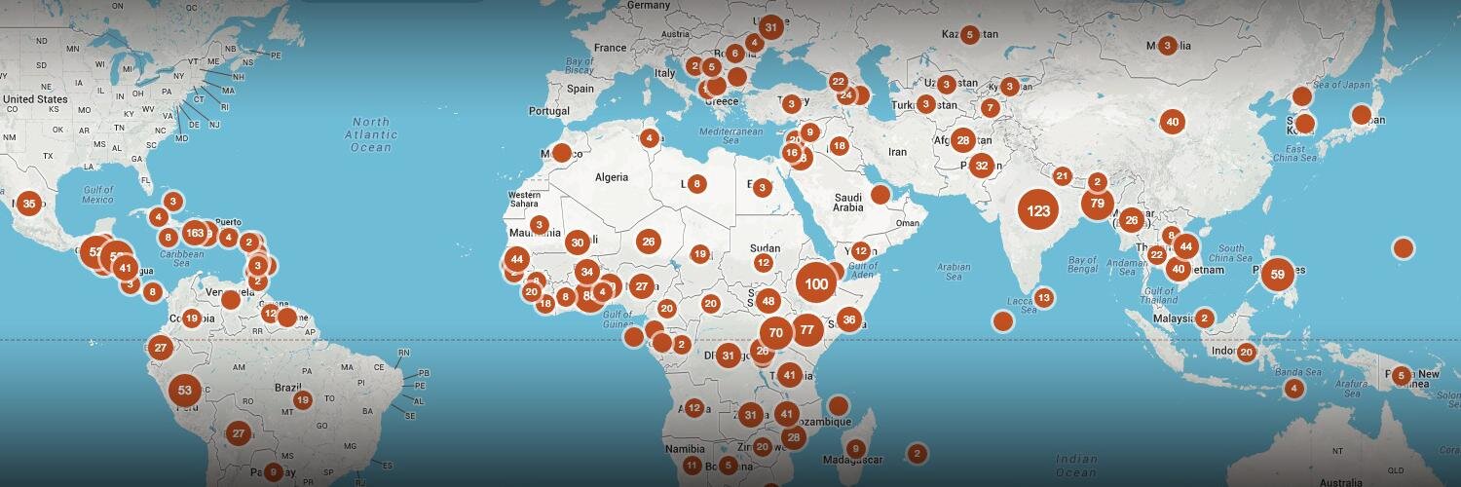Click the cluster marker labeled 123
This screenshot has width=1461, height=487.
click(x=1038, y=210)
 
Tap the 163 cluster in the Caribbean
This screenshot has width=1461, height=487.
click(x=194, y=233)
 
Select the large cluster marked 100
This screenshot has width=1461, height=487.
click(x=816, y=283)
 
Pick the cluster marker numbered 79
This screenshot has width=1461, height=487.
click(x=1098, y=204)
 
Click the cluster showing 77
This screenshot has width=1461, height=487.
click(x=806, y=330)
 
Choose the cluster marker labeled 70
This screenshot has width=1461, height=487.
click(x=775, y=332)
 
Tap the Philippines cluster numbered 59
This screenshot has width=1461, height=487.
click(x=1277, y=275)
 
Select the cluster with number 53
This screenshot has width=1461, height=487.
click(x=185, y=391)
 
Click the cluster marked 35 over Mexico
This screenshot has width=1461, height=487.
click(x=29, y=204)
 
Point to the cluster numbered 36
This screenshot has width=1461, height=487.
click(x=849, y=319)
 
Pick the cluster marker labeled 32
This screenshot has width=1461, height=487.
click(x=982, y=165)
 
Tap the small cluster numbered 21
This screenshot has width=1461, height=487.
click(x=1063, y=176)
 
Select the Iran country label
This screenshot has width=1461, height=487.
click(x=897, y=152)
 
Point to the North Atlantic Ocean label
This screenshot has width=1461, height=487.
click(x=370, y=135)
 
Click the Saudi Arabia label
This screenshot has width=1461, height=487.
click(x=847, y=202)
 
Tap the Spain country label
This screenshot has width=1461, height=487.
click(x=581, y=89)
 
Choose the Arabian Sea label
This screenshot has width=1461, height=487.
click(x=954, y=271)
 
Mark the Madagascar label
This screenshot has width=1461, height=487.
click(x=851, y=461)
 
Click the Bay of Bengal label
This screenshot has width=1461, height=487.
click(x=1089, y=266)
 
